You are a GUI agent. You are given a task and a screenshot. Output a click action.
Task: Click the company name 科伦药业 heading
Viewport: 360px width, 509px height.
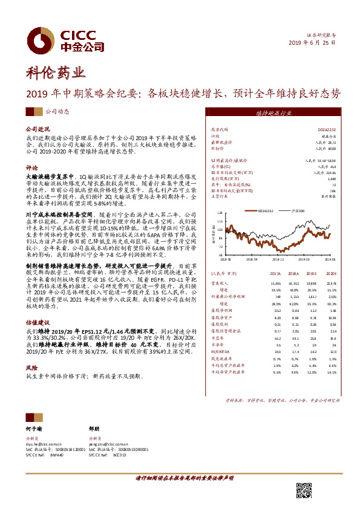[55, 74]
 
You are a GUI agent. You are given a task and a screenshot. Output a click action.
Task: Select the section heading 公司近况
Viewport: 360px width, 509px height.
[36, 129]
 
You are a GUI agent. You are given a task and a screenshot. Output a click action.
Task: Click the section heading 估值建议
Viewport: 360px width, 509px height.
[36, 324]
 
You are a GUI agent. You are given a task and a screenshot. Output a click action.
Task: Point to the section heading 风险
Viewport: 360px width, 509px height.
[31, 368]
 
